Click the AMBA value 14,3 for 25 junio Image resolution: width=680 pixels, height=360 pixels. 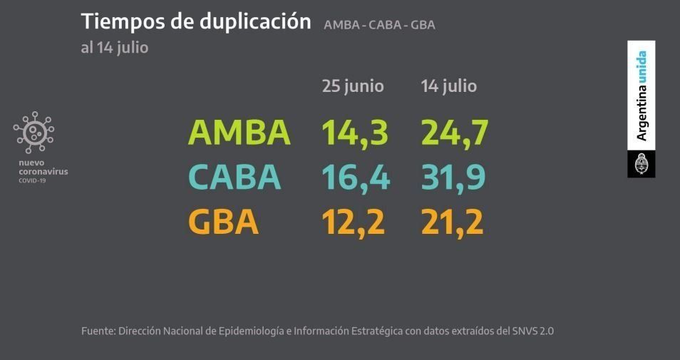[x=354, y=132]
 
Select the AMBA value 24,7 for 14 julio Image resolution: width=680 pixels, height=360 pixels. [x=453, y=132]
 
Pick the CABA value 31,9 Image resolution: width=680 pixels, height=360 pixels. [x=453, y=178]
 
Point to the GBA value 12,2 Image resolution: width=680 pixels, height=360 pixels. [x=354, y=222]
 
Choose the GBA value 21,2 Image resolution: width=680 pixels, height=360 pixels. [x=451, y=222]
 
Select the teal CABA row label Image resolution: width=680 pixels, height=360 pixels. [x=235, y=178]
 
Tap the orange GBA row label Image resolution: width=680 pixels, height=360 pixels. [x=223, y=222]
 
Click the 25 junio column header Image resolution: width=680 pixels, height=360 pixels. [x=353, y=86]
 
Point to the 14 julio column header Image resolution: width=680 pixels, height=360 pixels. [x=448, y=86]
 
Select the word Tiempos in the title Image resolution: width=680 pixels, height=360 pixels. [x=116, y=21]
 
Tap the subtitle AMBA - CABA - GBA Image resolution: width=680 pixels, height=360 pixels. [x=379, y=25]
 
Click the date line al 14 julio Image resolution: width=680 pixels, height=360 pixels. [x=115, y=48]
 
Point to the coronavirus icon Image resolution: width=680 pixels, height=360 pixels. [x=34, y=133]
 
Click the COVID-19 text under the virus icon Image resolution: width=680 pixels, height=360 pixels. [x=31, y=181]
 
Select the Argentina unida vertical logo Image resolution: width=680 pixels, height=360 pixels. [x=642, y=96]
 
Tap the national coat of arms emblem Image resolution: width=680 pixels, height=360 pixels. [x=641, y=164]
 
